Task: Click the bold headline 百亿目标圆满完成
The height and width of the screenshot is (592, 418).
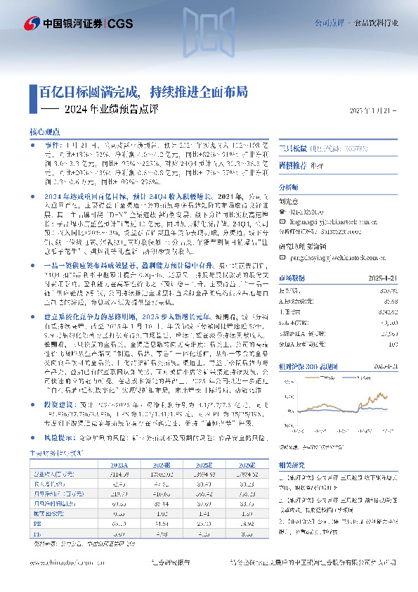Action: [x=86, y=91]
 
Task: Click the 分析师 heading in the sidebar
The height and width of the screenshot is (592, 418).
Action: [x=289, y=188]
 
